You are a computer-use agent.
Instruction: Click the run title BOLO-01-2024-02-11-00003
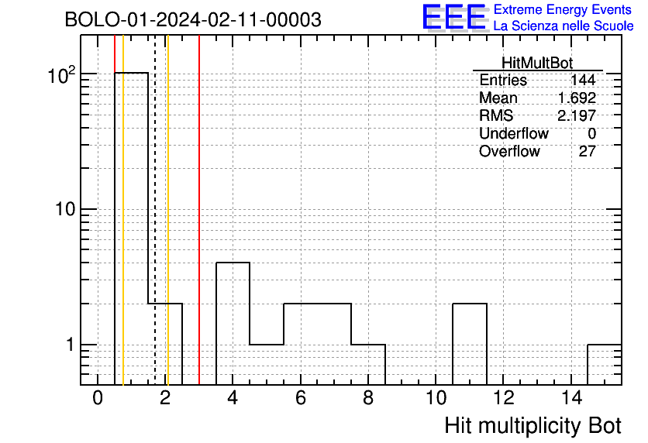point(193,19)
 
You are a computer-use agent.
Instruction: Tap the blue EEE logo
point(454,17)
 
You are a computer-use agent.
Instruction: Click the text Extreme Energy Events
point(563,9)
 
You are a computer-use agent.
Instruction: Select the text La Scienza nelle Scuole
point(564,26)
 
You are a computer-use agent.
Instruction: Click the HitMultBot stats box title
point(537,63)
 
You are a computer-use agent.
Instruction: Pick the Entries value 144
point(583,80)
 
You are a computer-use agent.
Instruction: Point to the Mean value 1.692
point(577,98)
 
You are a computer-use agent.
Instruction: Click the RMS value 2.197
point(577,115)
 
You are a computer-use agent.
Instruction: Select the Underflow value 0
point(591,134)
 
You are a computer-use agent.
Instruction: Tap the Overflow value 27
point(588,152)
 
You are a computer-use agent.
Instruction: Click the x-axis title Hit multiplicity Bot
point(533,426)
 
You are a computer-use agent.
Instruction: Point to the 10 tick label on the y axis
point(65,209)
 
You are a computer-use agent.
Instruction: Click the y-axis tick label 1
point(70,345)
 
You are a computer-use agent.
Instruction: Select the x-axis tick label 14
point(571,398)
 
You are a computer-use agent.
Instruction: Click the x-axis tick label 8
point(368,398)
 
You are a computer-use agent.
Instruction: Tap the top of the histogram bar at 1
point(132,73)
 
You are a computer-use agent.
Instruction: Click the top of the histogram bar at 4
point(233,263)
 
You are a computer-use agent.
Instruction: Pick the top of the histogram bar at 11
point(470,304)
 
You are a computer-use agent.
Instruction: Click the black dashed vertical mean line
point(155,210)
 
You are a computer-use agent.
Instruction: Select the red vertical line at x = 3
point(199,210)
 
